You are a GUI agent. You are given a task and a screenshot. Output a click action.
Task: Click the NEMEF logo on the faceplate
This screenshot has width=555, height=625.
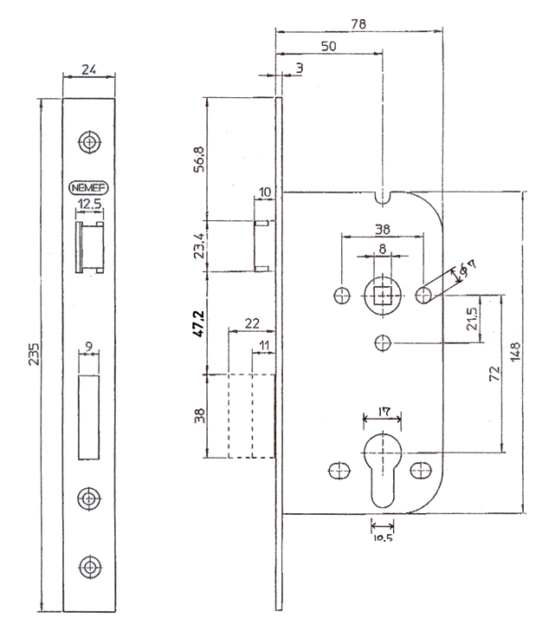click(x=89, y=186)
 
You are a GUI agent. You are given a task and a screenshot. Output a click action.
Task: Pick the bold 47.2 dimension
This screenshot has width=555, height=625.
click(x=198, y=321)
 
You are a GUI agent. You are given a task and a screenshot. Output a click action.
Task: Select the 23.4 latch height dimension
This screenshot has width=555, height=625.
click(x=198, y=247)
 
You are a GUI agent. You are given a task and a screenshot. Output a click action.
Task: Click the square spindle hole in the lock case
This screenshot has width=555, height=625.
click(x=382, y=296)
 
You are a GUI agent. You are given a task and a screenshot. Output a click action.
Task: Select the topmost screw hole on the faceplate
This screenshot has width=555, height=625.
click(x=89, y=141)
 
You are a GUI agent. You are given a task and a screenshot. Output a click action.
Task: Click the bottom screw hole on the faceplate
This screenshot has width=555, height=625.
click(x=89, y=566)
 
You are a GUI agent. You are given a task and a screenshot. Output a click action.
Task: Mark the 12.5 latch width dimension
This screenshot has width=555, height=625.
click(x=89, y=205)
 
